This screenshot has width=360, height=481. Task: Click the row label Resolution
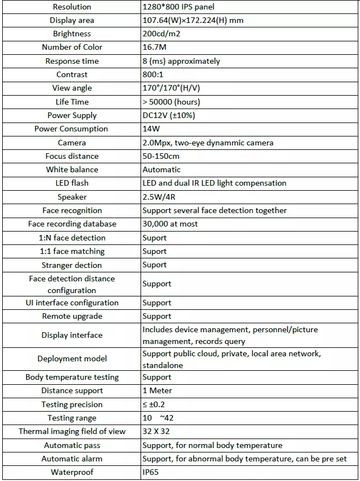pos(72,7)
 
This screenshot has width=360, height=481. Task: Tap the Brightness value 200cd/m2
pos(161,34)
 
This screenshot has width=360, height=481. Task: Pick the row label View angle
pos(72,88)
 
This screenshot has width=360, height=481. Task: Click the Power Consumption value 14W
pos(152,129)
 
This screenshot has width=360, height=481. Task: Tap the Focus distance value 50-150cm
pos(161,156)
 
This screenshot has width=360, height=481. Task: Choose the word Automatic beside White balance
pos(162,169)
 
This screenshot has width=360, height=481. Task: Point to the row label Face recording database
pos(72,224)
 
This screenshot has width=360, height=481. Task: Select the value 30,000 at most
pos(170,224)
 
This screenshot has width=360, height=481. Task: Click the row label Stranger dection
pos(72,265)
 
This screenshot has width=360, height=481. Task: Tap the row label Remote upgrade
pos(72,316)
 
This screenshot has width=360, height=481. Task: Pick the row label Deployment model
pos(72,359)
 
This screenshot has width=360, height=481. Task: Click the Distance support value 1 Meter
pos(157,390)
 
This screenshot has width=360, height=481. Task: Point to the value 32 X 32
pos(156,431)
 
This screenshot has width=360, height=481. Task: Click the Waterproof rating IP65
pos(151,472)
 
